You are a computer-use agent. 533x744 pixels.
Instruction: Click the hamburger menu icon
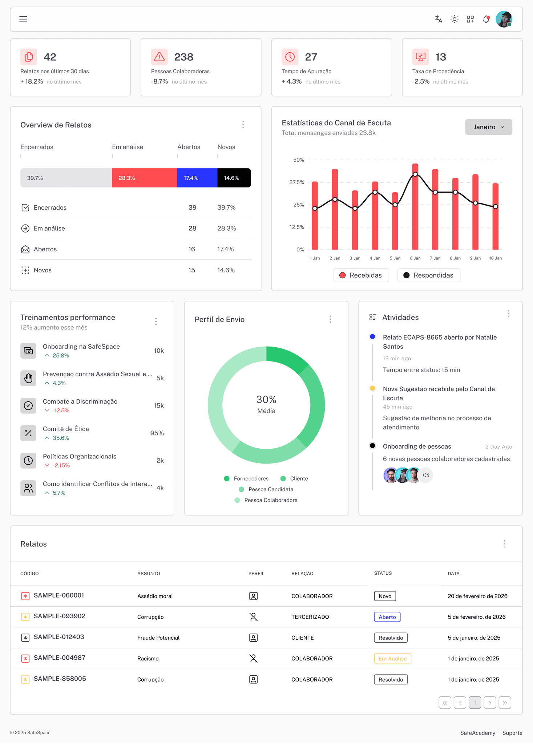click(x=23, y=19)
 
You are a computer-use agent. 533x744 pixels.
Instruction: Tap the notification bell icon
click(x=486, y=19)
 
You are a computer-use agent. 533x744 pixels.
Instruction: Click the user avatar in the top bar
click(x=504, y=19)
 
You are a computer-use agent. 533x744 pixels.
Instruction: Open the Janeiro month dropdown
click(x=488, y=127)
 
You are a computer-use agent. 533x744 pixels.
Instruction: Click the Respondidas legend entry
click(x=429, y=275)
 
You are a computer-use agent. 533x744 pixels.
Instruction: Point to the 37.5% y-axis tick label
click(x=296, y=182)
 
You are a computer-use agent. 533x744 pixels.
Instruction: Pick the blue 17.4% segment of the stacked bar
click(x=197, y=178)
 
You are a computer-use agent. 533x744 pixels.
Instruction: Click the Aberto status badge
click(x=387, y=617)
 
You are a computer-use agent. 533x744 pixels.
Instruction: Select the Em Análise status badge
click(x=392, y=659)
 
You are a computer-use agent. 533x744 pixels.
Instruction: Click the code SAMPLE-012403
click(x=59, y=637)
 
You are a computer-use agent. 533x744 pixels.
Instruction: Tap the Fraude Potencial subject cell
click(x=158, y=638)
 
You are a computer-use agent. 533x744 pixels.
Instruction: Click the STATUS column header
click(x=383, y=573)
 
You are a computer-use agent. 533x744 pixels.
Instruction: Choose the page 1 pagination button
click(x=475, y=703)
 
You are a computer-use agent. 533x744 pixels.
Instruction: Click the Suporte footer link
click(x=512, y=733)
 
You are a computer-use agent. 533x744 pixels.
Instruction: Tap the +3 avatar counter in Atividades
click(x=425, y=475)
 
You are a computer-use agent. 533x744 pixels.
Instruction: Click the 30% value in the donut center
click(x=266, y=400)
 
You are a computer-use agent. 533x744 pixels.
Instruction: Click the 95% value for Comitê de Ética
click(x=157, y=433)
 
